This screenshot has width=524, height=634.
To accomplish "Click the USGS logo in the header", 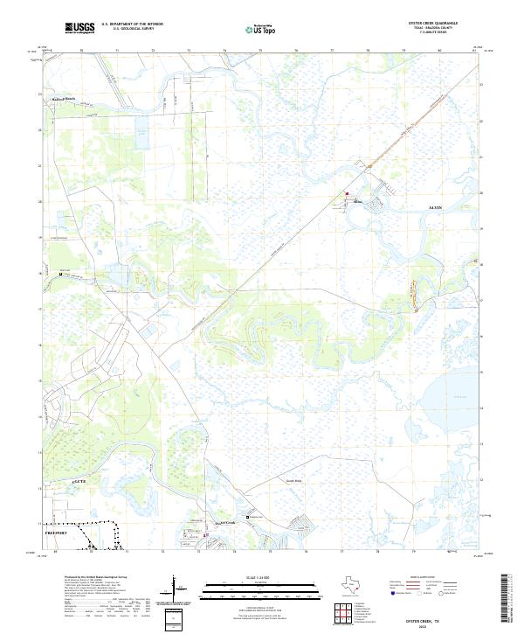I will pyautogui.click(x=79, y=28).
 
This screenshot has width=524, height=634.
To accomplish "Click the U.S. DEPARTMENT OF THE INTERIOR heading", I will pyautogui.click(x=133, y=24).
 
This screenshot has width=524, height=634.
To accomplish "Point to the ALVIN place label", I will pyautogui.click(x=436, y=207).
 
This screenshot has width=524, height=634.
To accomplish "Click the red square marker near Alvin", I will pyautogui.click(x=347, y=194).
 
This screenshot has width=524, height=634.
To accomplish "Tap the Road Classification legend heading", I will pyautogui.click(x=418, y=579).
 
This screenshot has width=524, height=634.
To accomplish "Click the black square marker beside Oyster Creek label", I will pyautogui.click(x=247, y=517).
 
